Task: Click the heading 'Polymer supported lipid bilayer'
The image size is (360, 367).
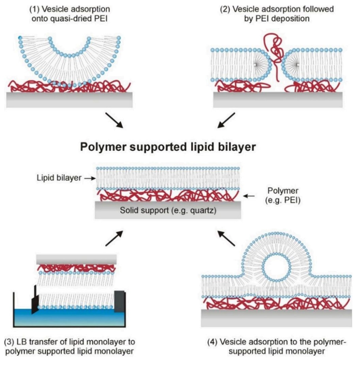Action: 168,147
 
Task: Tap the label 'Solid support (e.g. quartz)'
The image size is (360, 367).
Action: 168,210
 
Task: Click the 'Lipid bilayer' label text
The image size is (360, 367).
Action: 59,178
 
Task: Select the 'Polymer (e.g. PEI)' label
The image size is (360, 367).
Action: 283,195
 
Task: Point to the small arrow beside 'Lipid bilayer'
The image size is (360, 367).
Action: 90,179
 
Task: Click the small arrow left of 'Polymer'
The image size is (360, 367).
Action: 249,196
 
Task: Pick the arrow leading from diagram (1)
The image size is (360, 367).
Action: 114,120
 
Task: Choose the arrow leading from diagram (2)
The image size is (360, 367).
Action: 226,120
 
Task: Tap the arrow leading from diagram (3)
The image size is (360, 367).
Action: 114,238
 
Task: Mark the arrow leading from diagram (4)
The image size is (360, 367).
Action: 226,238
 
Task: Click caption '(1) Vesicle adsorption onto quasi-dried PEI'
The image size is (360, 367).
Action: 69,14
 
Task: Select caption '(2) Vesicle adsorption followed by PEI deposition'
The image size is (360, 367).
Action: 277,14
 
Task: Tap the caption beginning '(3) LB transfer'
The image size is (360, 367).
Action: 69,347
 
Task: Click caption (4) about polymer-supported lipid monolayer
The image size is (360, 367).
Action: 277,347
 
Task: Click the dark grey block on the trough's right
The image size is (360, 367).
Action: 119,302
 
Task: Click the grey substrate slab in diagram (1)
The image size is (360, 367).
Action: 69,100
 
